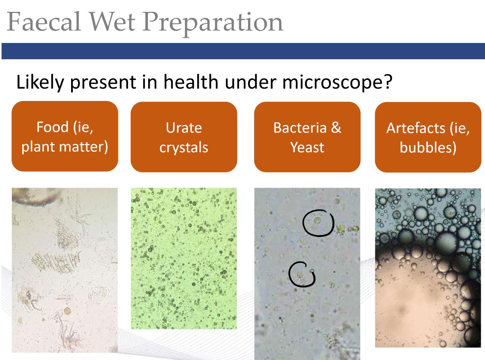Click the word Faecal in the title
click(x=44, y=22)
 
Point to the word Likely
click(x=40, y=83)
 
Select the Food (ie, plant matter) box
click(x=65, y=136)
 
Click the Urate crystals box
click(x=184, y=137)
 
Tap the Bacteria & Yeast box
click(x=307, y=137)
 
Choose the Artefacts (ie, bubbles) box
click(x=428, y=137)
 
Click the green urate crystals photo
click(x=184, y=258)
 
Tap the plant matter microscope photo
click(x=65, y=270)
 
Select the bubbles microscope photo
click(x=428, y=268)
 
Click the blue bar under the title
click(x=243, y=51)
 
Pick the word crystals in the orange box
click(x=184, y=148)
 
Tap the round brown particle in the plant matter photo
click(x=67, y=311)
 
